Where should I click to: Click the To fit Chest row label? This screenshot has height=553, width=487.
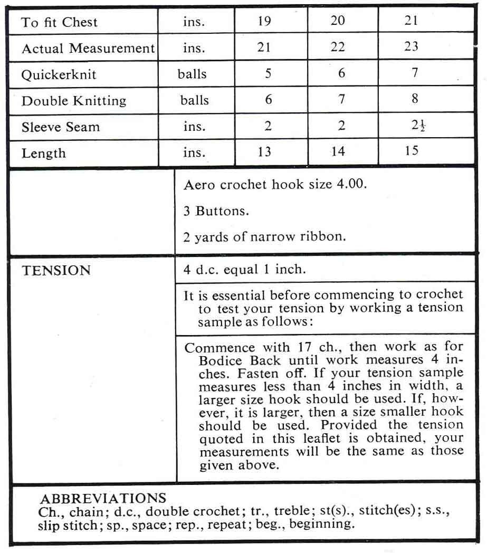[59, 23]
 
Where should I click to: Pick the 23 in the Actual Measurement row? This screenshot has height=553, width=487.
[411, 46]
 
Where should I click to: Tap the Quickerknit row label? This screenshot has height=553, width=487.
[59, 74]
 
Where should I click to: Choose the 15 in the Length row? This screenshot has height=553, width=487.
[412, 151]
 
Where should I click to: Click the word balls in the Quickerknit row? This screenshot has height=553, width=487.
[192, 74]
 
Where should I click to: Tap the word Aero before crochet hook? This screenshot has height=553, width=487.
[197, 185]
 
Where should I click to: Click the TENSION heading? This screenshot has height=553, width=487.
[56, 271]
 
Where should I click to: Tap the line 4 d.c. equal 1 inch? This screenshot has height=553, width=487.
[245, 270]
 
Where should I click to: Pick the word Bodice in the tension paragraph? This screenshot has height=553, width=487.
[219, 361]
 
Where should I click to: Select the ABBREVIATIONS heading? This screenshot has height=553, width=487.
[103, 499]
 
